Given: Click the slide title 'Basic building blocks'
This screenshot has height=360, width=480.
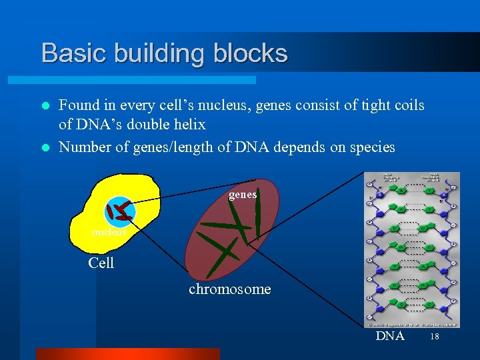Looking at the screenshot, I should (164, 53).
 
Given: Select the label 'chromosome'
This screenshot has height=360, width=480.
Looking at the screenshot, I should (229, 289).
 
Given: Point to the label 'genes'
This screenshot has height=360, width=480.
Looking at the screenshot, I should (243, 195).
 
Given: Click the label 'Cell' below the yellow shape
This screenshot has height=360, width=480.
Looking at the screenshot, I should (101, 263).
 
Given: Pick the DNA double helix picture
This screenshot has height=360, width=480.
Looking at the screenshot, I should (412, 250).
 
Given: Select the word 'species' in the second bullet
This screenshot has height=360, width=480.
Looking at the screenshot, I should (371, 147).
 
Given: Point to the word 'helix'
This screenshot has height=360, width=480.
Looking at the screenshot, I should (189, 125).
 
